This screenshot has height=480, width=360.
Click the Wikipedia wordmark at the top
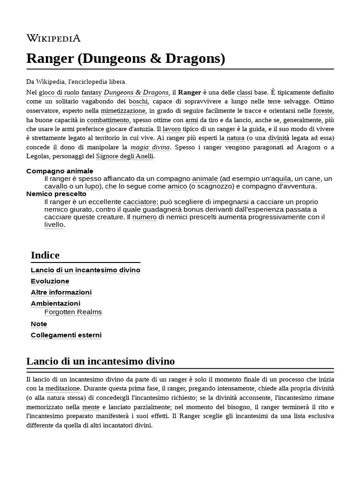point(53,38)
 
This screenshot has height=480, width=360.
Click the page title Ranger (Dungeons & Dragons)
point(126,59)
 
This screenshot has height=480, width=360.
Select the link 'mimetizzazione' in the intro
point(123,111)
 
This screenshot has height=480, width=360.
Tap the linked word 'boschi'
point(138,101)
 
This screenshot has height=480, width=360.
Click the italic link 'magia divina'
point(150,147)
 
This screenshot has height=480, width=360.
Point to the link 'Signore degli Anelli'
point(124,156)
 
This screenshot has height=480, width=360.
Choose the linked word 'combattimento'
point(107,120)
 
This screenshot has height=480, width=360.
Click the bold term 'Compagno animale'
point(60,171)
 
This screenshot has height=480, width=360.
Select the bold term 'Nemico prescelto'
point(56,194)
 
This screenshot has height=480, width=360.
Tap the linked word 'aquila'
point(281,179)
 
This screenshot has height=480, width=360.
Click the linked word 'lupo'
point(93,186)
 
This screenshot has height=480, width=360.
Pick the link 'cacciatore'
point(139,202)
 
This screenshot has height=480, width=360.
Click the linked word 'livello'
point(53,225)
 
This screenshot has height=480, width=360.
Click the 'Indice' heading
point(45,255)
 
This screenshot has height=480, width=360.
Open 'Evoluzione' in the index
point(50,281)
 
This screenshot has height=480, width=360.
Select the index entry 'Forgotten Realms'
point(73,312)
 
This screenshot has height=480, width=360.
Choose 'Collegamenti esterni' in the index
point(66,335)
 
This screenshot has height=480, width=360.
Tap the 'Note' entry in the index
point(39,324)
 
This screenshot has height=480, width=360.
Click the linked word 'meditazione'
point(63,389)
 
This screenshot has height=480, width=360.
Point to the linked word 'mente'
point(91,407)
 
